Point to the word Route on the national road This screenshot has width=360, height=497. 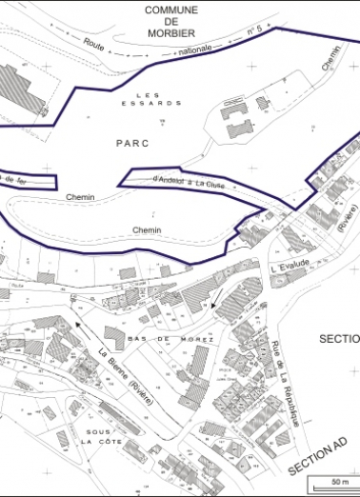pyautogui.click(x=93, y=43)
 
